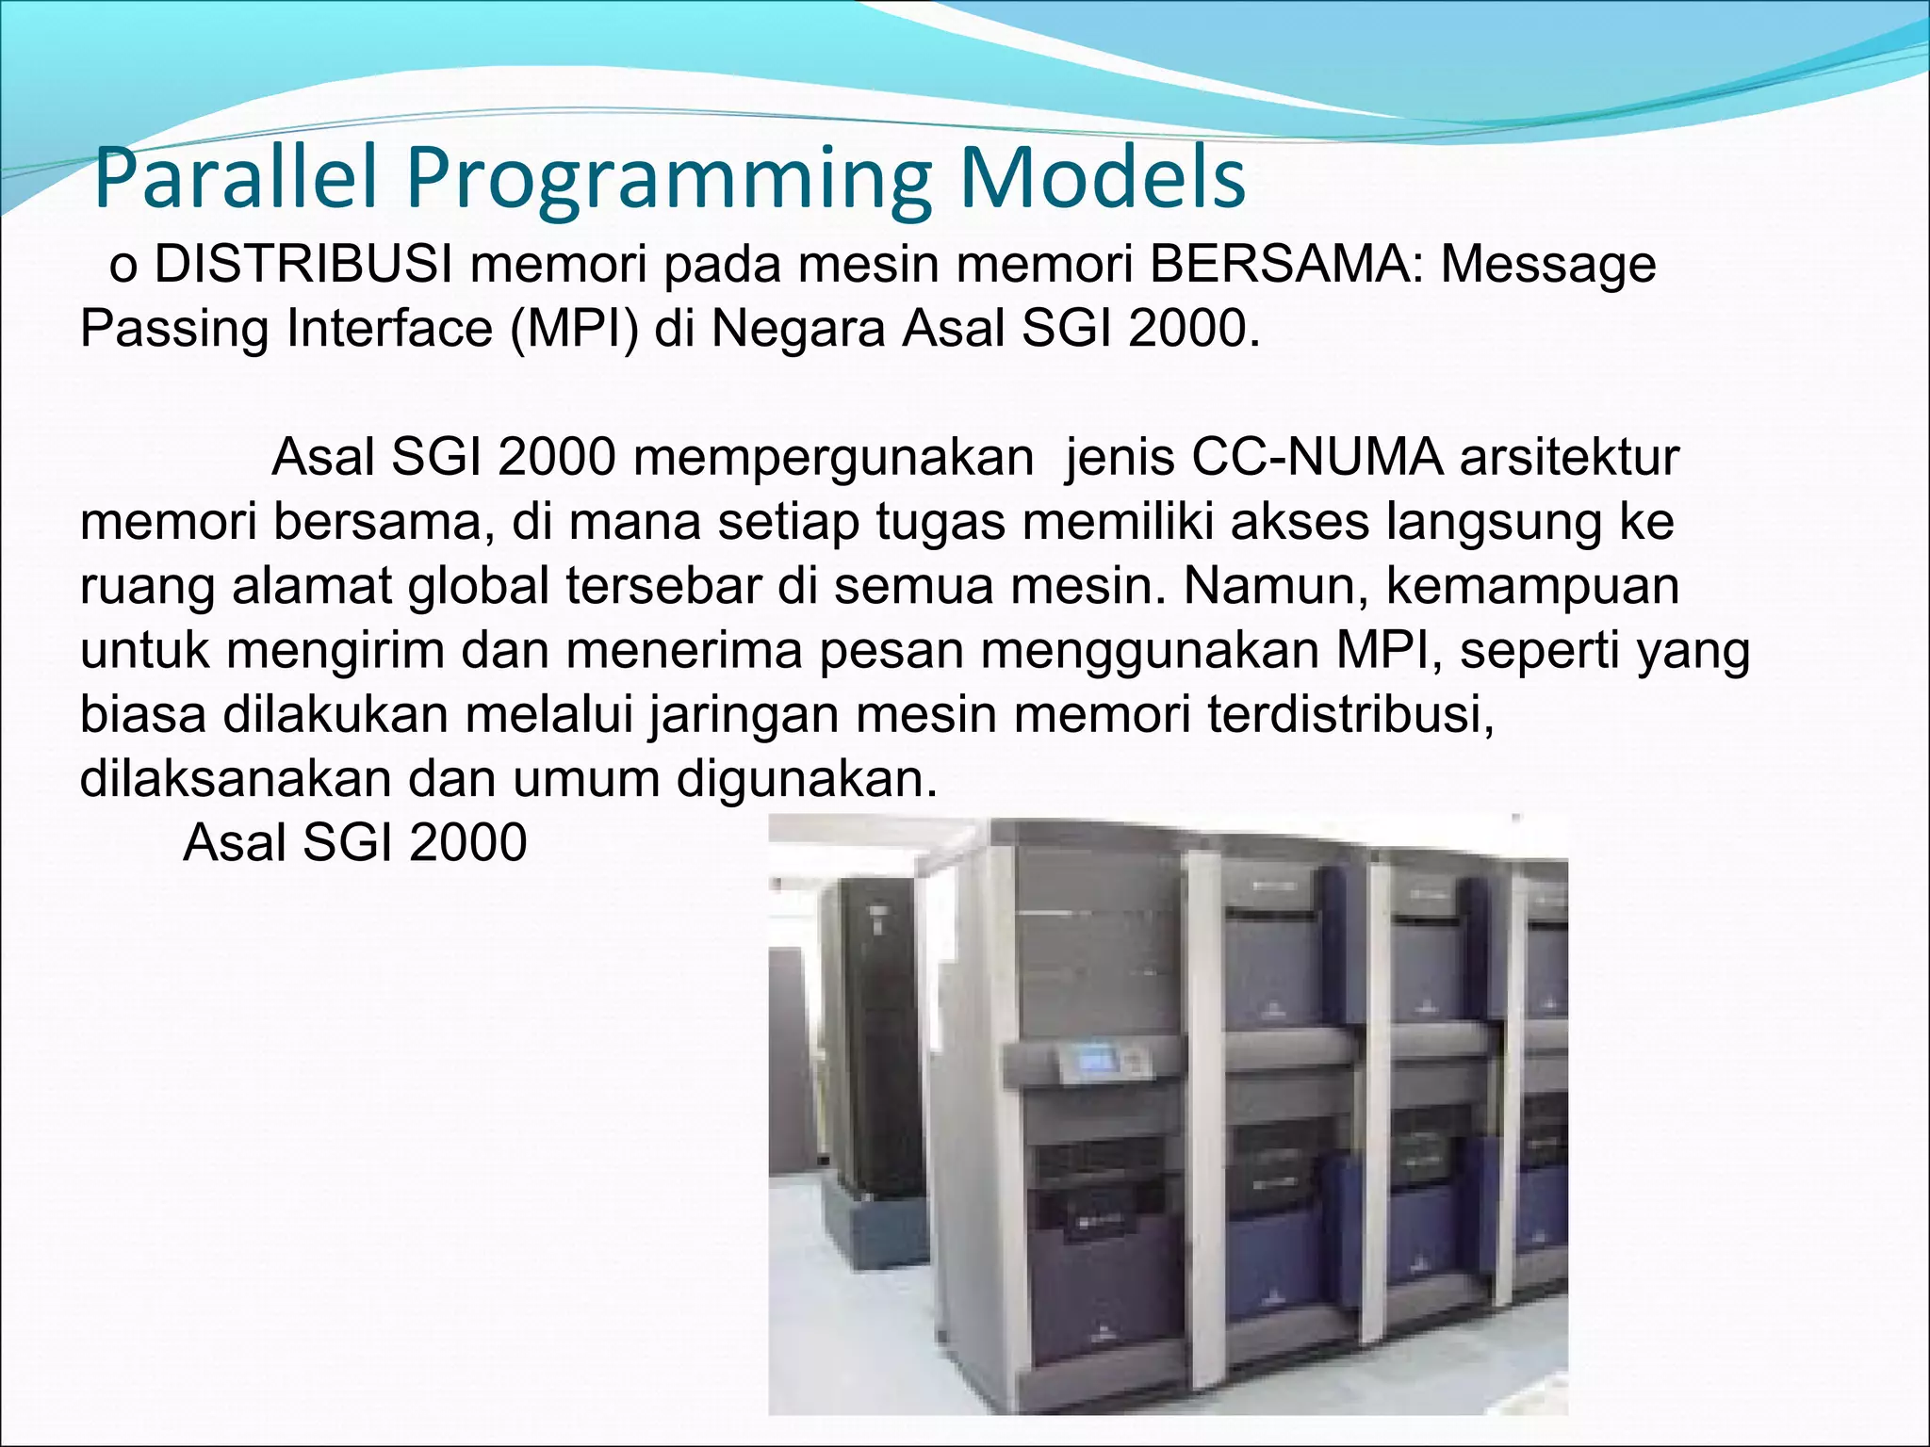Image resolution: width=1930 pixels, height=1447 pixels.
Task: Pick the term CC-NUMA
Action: (x=1317, y=459)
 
